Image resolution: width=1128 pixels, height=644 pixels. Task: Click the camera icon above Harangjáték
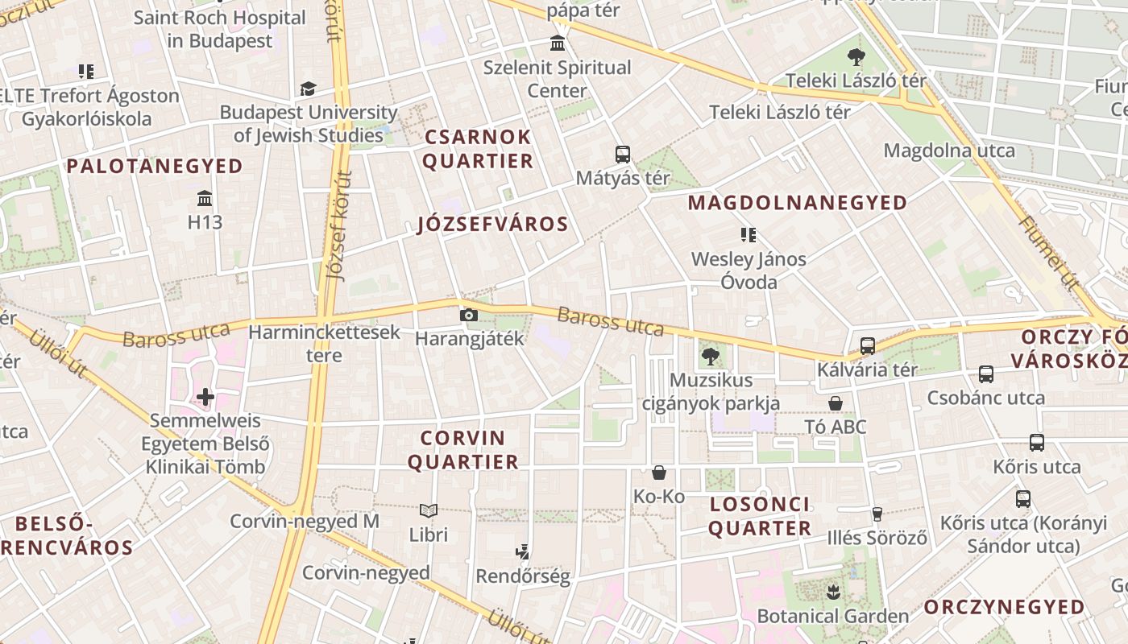(x=468, y=315)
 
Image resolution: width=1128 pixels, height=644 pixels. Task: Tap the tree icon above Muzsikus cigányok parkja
(x=710, y=356)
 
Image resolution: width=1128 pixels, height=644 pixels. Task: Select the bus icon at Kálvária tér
(x=868, y=346)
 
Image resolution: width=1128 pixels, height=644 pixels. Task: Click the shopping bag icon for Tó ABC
(x=836, y=403)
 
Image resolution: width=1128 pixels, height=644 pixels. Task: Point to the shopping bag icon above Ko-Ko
(x=659, y=473)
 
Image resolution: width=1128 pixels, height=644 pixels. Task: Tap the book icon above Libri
(x=429, y=510)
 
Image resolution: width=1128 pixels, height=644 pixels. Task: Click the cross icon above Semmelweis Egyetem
(x=205, y=396)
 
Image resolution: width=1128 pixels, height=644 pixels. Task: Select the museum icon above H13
(x=205, y=198)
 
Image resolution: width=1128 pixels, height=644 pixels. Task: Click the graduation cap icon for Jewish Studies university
(x=308, y=89)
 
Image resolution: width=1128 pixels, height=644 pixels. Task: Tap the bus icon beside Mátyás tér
(x=622, y=155)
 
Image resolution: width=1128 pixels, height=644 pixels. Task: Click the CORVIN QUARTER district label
(x=463, y=450)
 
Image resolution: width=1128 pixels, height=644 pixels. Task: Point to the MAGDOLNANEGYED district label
(x=798, y=203)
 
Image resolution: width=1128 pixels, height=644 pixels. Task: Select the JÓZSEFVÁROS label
(x=493, y=224)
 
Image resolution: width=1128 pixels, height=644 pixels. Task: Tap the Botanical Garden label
(x=832, y=617)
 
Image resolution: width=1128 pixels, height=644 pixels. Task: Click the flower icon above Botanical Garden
(x=832, y=592)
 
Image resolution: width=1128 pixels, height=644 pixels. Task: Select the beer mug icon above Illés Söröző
(x=877, y=514)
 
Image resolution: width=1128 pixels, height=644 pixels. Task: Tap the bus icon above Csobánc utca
(x=986, y=374)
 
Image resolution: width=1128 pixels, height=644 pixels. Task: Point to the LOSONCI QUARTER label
(x=760, y=517)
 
